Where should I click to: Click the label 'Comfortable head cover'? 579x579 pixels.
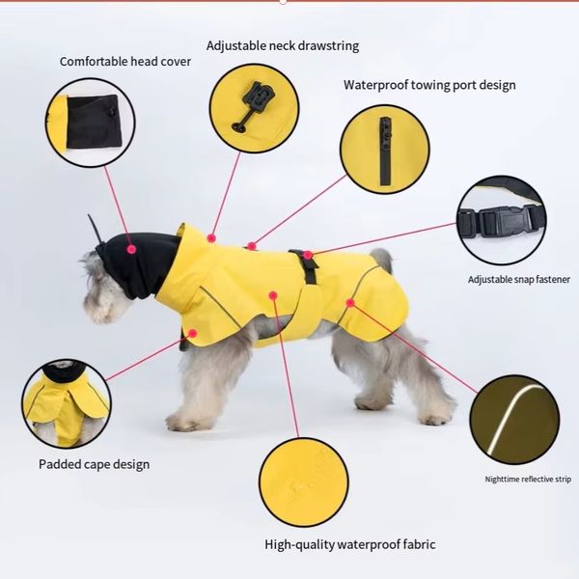click(x=125, y=62)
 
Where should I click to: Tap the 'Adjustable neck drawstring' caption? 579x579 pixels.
click(x=283, y=45)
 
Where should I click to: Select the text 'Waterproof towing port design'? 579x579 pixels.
click(x=429, y=85)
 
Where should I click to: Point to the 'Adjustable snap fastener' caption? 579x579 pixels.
click(x=519, y=280)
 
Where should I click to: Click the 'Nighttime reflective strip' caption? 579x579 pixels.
click(x=528, y=480)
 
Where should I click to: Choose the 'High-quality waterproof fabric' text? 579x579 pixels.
click(x=350, y=544)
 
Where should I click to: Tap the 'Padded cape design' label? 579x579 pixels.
click(x=95, y=464)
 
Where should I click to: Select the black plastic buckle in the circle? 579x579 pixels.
click(x=501, y=222)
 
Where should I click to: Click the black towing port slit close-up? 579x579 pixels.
click(x=385, y=151)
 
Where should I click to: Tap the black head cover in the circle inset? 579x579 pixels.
click(x=93, y=122)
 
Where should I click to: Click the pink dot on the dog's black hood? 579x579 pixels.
click(x=131, y=249)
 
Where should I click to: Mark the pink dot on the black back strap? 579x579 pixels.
click(x=308, y=255)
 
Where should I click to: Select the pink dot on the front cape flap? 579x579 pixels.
click(x=192, y=334)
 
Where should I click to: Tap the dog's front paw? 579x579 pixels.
click(x=182, y=421)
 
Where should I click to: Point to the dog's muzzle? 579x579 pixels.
click(x=96, y=309)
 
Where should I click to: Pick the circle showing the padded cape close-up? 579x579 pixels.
click(x=67, y=403)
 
